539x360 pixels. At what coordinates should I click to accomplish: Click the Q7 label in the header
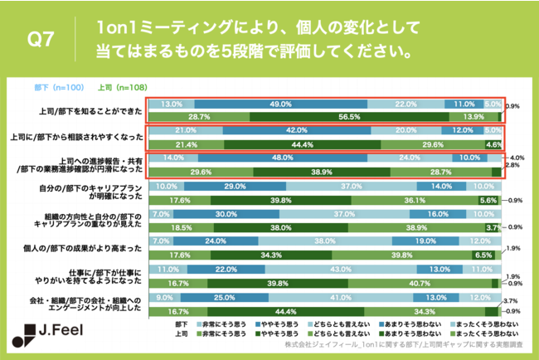[41, 39]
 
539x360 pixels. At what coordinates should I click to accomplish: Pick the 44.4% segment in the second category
[301, 145]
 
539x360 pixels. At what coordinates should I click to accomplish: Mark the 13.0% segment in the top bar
[172, 105]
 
